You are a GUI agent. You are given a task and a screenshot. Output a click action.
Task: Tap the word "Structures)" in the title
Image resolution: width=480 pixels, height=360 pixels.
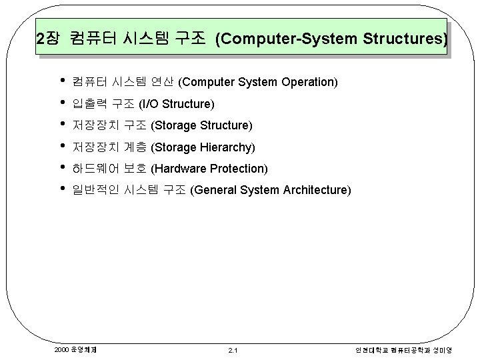pyautogui.click(x=405, y=39)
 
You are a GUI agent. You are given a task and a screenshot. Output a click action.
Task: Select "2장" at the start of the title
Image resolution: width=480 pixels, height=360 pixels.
pyautogui.click(x=48, y=39)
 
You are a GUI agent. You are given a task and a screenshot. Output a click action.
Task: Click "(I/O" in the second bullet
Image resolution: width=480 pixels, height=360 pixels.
pyautogui.click(x=149, y=104)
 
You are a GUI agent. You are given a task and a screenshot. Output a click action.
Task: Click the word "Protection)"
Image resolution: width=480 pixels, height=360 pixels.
pyautogui.click(x=239, y=168)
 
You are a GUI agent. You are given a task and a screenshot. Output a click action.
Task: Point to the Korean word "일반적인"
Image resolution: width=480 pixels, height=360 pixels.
pyautogui.click(x=95, y=190)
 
